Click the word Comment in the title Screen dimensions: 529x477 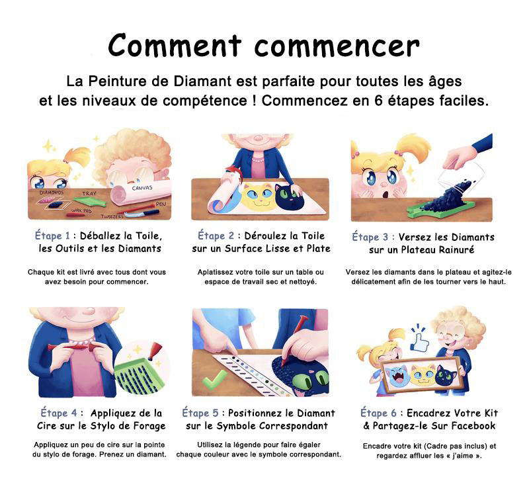(175, 45)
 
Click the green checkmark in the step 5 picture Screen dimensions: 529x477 (215, 380)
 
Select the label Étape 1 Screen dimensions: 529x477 (53, 236)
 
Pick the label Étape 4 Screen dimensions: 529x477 (59, 413)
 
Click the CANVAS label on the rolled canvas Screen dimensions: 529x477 (142, 188)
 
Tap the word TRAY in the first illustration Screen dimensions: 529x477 (89, 193)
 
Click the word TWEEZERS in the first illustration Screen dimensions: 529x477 (112, 216)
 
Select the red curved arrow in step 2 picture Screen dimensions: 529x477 (232, 173)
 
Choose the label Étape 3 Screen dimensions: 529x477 (370, 237)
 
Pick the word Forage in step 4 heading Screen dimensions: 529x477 (149, 425)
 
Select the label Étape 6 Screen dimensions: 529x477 (378, 413)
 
